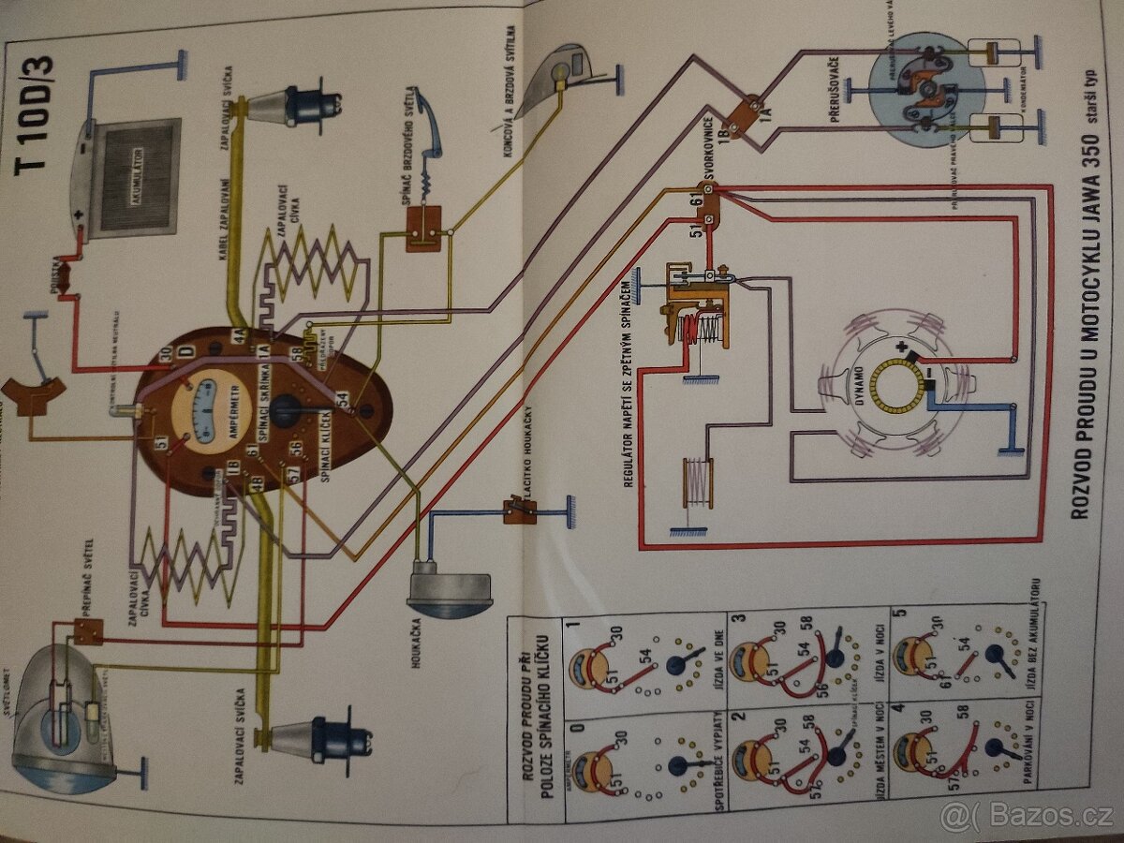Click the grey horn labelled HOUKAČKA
click(x=448, y=591)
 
